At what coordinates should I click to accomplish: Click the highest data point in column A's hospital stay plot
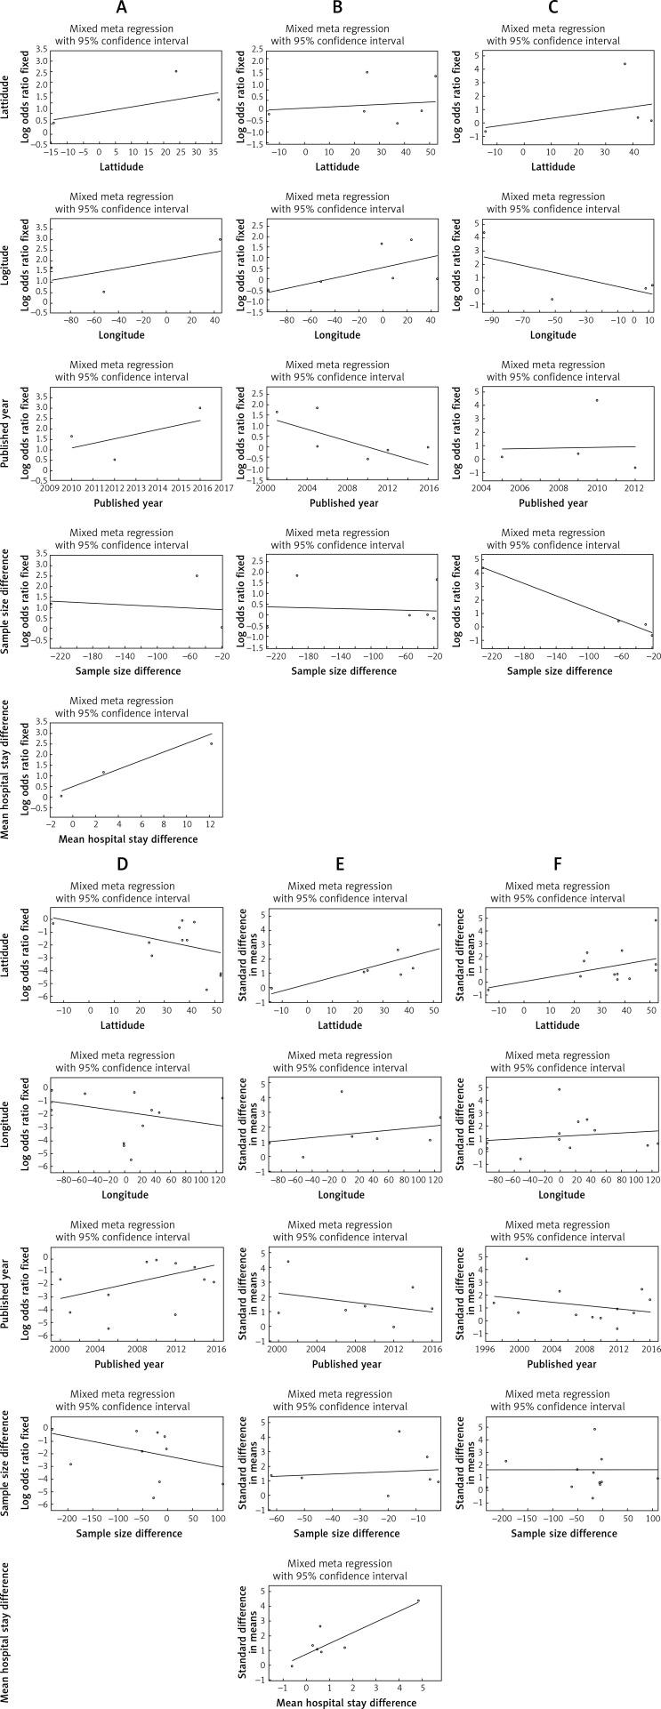coord(211,744)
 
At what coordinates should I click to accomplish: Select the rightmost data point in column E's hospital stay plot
coord(418,1601)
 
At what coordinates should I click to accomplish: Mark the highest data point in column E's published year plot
coord(287,1262)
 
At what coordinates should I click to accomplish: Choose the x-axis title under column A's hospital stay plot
coord(122,839)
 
